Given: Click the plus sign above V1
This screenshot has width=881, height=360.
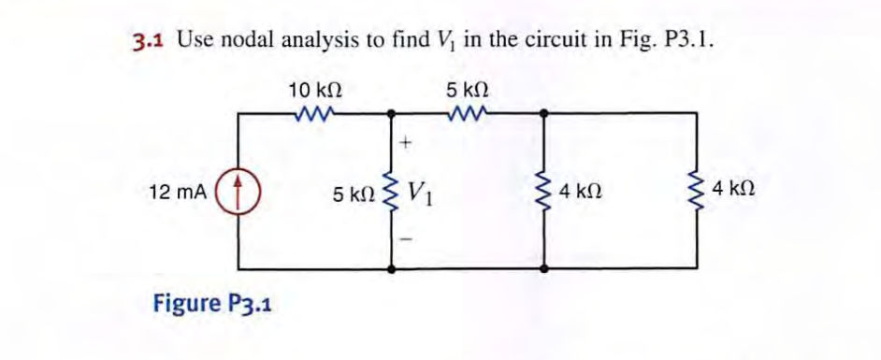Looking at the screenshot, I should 405,144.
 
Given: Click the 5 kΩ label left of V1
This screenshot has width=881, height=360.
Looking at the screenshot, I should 354,195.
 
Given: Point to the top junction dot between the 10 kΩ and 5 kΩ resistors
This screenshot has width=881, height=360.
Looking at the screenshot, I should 391,113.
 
